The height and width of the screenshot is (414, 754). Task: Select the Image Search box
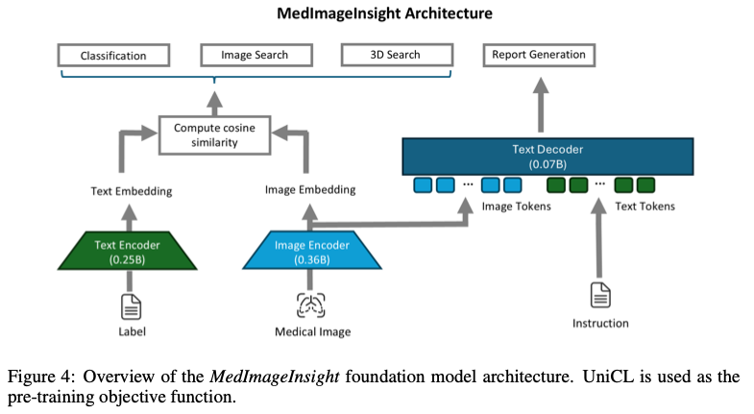254,56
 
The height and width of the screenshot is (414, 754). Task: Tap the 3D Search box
395,56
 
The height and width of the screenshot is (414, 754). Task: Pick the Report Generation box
538,56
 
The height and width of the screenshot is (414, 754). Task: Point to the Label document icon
132,306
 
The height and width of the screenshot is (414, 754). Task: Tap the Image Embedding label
310,191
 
